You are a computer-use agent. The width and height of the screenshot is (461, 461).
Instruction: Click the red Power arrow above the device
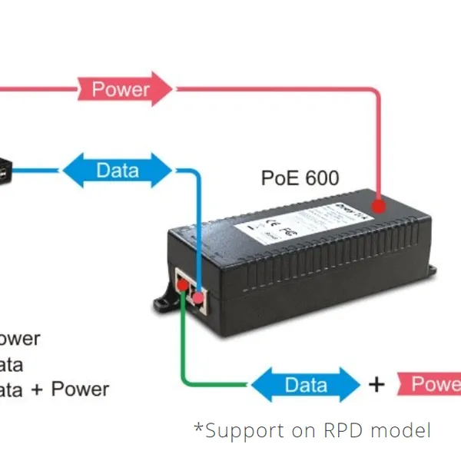[123, 89]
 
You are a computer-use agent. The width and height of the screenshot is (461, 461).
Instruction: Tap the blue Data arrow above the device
[117, 170]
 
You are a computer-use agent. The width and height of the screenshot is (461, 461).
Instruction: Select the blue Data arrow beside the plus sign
[305, 385]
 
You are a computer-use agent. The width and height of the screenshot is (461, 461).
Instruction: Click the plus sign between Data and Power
[376, 384]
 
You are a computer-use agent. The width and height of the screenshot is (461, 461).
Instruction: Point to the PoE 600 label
[300, 178]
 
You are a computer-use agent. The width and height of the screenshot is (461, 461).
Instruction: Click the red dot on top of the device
[377, 206]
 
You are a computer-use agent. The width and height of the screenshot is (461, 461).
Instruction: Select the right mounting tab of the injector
[432, 270]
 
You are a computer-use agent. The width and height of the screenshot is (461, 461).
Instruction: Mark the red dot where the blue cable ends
[198, 295]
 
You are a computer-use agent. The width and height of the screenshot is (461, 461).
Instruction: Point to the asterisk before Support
[198, 426]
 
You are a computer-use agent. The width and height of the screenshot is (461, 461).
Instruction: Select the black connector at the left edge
[5, 170]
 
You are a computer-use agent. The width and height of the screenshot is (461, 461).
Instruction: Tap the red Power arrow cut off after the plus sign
[430, 384]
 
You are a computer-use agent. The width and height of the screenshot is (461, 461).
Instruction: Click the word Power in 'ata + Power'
[81, 390]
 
